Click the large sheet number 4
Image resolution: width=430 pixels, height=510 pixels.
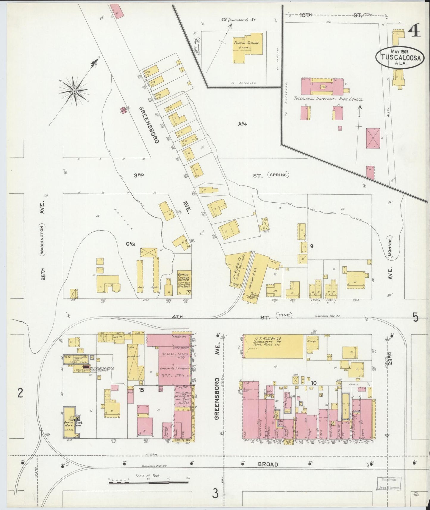tap(414, 31)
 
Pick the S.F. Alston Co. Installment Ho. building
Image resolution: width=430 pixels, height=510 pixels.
tap(274, 346)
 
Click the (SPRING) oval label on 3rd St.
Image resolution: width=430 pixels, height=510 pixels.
tap(278, 175)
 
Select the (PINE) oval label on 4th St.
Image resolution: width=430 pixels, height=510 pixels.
tap(284, 315)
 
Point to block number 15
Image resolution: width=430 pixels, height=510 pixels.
tap(141, 390)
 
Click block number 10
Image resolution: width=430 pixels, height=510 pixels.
tap(313, 383)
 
